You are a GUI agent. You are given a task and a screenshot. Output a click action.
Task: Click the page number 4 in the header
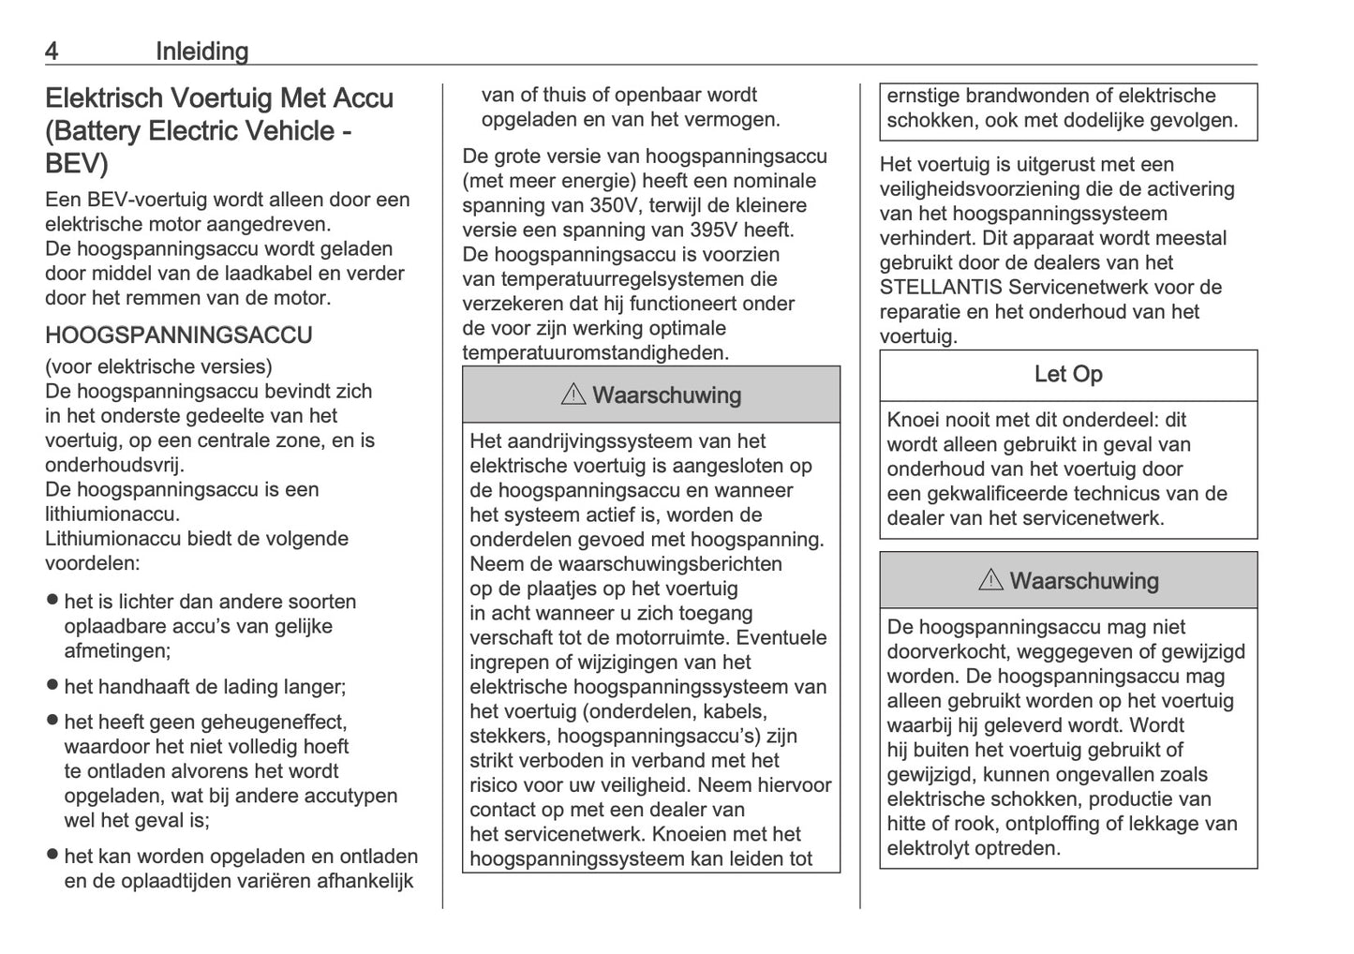point(52,52)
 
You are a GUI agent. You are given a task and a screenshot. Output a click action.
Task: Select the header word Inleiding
point(201,52)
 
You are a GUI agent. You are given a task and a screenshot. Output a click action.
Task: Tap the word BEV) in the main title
point(77,164)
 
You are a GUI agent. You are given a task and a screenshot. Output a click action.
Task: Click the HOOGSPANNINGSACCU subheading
point(178,335)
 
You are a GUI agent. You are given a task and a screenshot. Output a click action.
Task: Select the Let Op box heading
point(1067,375)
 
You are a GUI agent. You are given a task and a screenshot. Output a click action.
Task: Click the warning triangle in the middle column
point(573,395)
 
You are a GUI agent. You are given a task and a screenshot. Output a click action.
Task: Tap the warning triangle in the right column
point(989,581)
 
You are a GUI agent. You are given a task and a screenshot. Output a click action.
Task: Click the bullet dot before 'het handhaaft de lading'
point(52,686)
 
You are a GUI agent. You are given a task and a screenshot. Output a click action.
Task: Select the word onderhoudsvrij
point(114,465)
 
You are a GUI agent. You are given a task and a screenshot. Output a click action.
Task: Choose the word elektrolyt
point(930,849)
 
